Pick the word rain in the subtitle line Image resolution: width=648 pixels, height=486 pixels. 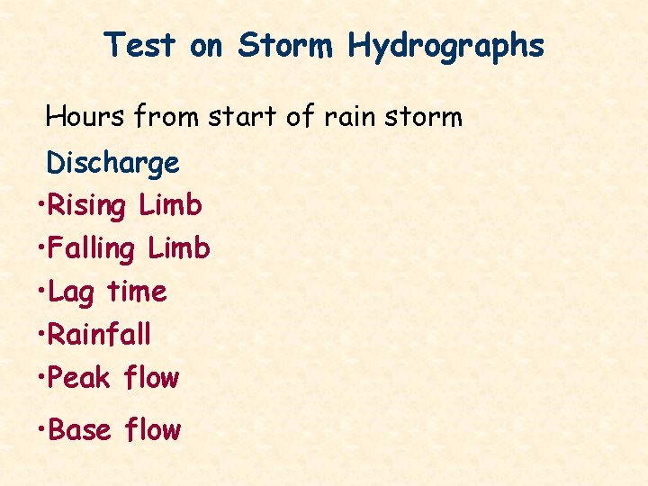point(355,116)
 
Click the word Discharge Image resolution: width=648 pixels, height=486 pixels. point(112,164)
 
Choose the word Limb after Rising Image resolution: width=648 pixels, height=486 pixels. point(171,206)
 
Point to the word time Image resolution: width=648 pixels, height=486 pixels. point(137,292)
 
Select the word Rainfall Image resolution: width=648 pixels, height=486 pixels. point(99,335)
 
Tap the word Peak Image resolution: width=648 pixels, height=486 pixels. point(79,378)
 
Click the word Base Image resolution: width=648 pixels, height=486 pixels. point(79,430)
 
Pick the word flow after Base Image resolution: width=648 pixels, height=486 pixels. point(153,430)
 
